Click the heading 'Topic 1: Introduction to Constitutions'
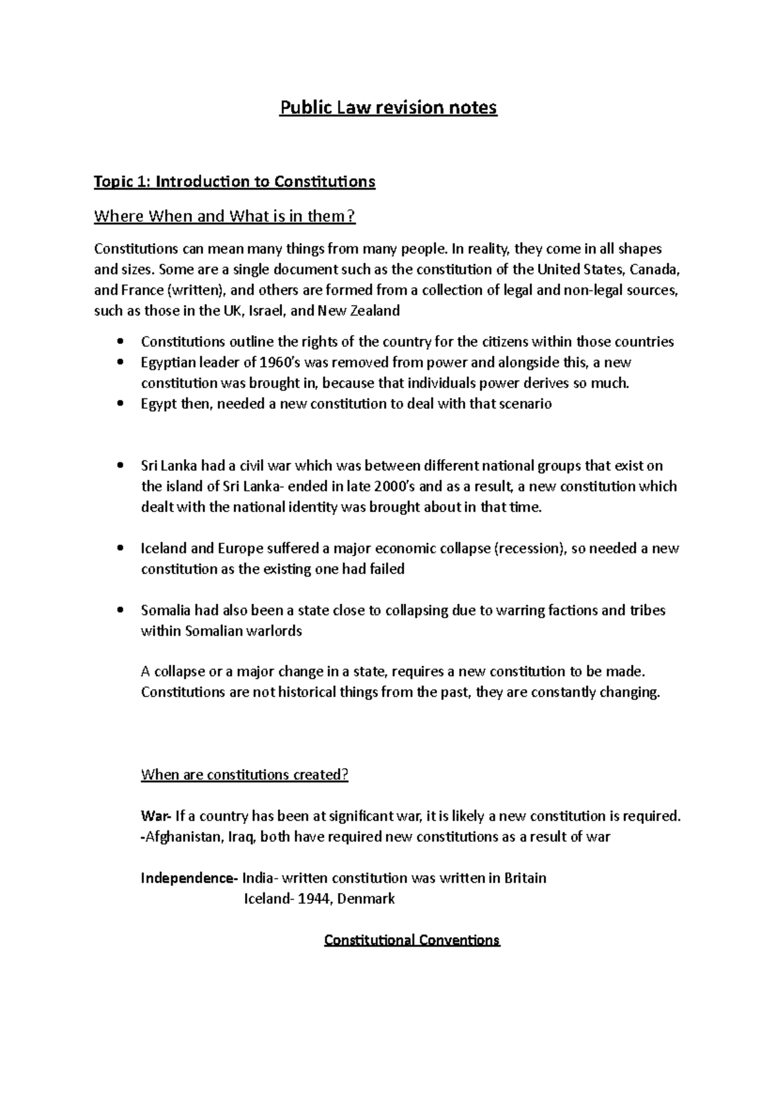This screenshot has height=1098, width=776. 234,182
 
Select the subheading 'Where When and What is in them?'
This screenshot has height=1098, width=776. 224,216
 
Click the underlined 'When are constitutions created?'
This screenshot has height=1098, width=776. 244,775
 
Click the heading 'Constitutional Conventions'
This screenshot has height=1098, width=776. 412,940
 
